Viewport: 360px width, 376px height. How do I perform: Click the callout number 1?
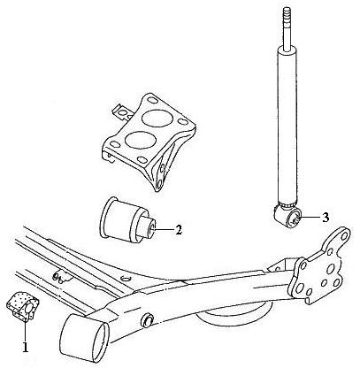tap(26, 347)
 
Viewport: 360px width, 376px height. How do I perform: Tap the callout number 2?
tap(179, 230)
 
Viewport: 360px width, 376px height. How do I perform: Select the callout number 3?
tap(325, 218)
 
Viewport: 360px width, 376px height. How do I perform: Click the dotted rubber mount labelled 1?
tap(23, 306)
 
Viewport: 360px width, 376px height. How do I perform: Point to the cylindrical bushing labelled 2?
tap(127, 220)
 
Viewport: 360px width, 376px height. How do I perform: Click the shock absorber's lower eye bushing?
tap(287, 217)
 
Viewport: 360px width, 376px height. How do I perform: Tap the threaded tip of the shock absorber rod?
tap(287, 15)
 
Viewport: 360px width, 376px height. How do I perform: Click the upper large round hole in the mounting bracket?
tap(157, 119)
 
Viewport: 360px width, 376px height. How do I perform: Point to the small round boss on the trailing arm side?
tap(147, 320)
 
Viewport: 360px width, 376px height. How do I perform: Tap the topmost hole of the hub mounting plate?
tap(343, 235)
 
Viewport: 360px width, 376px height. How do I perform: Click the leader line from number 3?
tap(310, 218)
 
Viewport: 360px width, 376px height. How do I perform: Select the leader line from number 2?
tap(164, 230)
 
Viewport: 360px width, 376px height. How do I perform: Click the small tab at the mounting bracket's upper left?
tap(121, 112)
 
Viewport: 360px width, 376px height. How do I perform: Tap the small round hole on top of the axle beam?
tap(126, 279)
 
